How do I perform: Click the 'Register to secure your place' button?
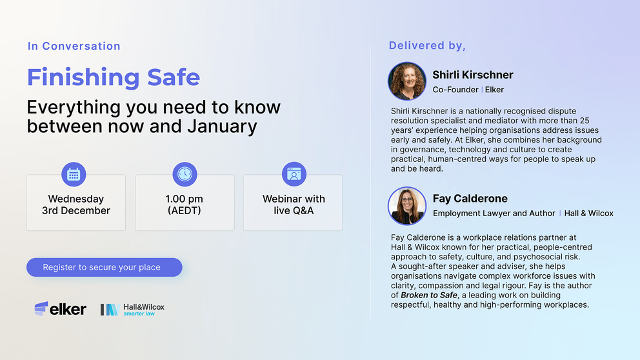click(104, 267)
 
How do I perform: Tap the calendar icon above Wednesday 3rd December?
click(74, 174)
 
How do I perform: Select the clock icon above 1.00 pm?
click(185, 174)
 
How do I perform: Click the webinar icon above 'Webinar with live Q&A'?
click(294, 174)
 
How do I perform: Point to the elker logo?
click(61, 309)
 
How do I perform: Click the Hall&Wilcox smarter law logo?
click(133, 310)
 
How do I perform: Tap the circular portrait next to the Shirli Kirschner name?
click(407, 81)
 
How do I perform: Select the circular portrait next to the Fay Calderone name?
click(407, 206)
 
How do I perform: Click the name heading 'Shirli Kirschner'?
click(473, 75)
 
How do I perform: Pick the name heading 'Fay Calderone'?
click(470, 198)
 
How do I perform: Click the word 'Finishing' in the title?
click(83, 77)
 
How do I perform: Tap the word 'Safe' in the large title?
click(174, 77)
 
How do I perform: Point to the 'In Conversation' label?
click(74, 46)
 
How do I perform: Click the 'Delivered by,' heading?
click(427, 46)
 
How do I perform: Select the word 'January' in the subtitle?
click(222, 126)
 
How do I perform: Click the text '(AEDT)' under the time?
click(185, 210)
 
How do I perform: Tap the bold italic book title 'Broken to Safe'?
click(429, 295)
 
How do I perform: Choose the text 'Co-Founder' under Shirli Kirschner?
click(455, 90)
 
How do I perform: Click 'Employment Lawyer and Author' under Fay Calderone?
click(494, 214)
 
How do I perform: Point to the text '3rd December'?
click(76, 210)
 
